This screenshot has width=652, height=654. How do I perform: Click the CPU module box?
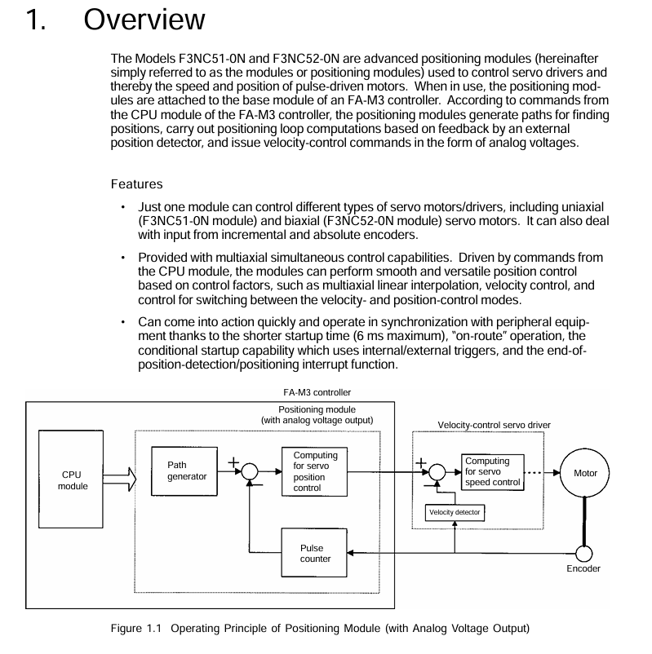71,479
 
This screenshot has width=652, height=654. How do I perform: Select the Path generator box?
185,471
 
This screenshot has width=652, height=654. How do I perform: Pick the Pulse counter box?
315,553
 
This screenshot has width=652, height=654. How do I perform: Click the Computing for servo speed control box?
491,471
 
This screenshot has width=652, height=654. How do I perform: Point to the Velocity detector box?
455,512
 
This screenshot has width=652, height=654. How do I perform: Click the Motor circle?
585,473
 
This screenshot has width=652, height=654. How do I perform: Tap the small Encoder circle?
583,553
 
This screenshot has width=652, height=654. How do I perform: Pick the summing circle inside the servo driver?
437,472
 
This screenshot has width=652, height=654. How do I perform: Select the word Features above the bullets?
136,184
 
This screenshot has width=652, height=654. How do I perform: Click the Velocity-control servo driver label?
494,425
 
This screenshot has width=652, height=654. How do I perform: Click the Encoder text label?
583,568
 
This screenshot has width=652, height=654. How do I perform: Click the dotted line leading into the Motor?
539,473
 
